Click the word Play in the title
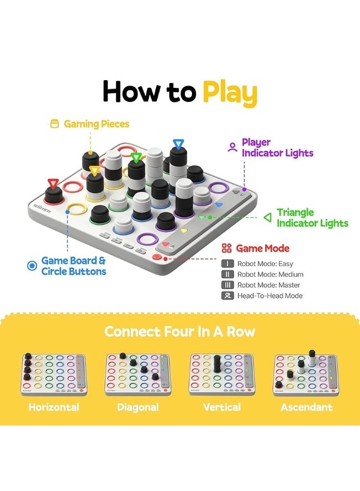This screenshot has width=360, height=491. pyautogui.click(x=229, y=93)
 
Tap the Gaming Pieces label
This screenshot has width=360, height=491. pyautogui.click(x=97, y=124)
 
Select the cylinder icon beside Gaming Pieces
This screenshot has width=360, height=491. pyautogui.click(x=55, y=124)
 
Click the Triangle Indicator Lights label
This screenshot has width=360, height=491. pyautogui.click(x=312, y=218)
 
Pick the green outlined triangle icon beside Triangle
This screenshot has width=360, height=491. pyautogui.click(x=267, y=218)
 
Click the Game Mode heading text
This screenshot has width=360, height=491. pyautogui.click(x=262, y=249)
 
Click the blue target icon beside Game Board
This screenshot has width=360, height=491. pyautogui.click(x=32, y=266)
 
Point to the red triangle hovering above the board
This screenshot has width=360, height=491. pyautogui.click(x=53, y=183)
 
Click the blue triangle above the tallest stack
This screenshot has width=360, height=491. pyautogui.click(x=178, y=144)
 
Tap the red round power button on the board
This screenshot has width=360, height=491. pyautogui.click(x=158, y=256)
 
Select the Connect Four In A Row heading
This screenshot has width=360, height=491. pyautogui.click(x=179, y=332)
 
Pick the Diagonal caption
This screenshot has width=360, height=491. pyautogui.click(x=138, y=408)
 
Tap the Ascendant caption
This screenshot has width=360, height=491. pyautogui.click(x=306, y=408)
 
